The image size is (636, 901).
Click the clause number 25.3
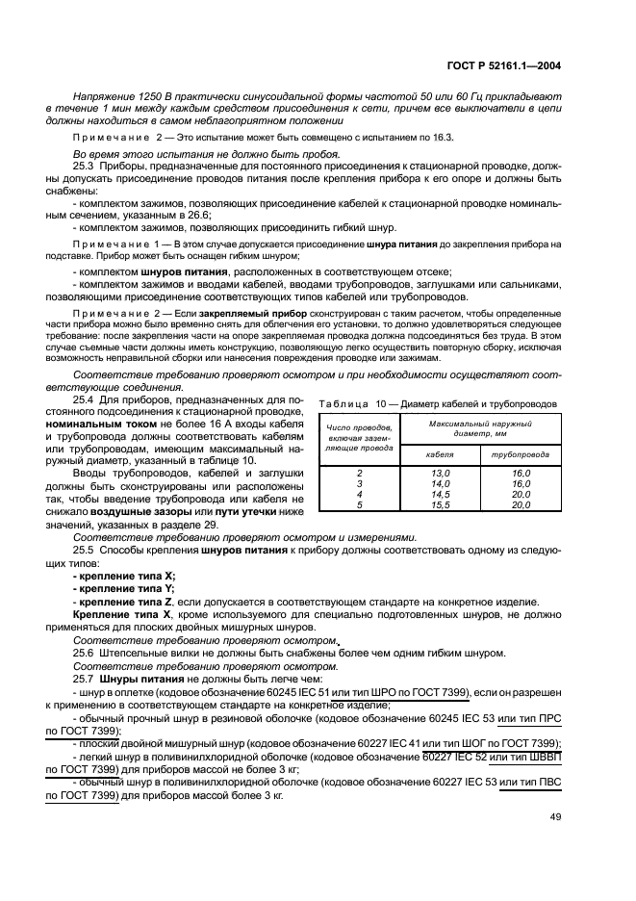[85, 167]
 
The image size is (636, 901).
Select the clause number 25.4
[85, 399]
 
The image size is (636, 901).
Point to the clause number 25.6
[85, 653]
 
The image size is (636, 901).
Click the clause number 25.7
[85, 680]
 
